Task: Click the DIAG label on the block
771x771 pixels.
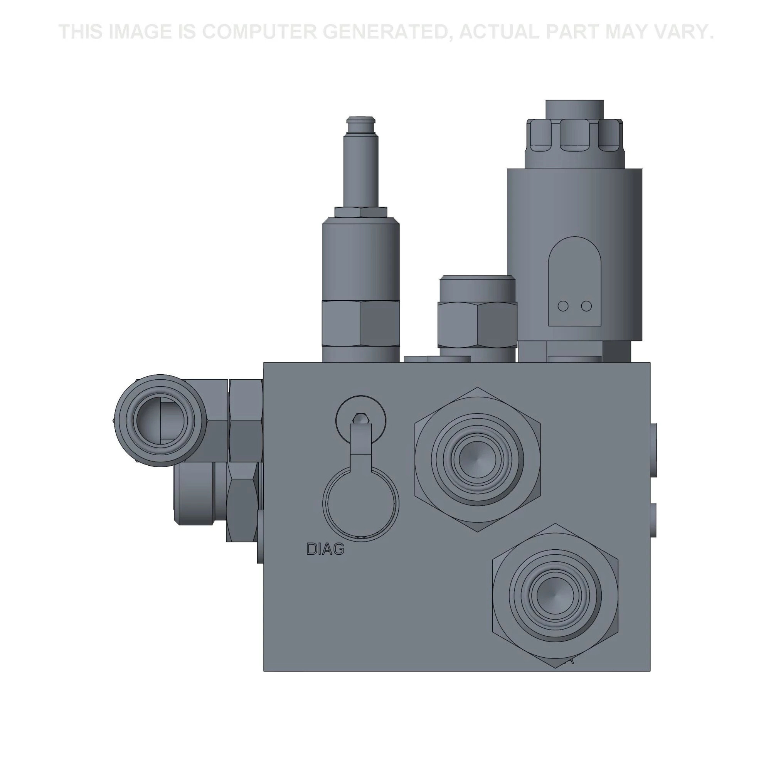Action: [325, 549]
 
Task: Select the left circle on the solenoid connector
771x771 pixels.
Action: [563, 306]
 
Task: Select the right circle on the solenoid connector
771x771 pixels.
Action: [586, 306]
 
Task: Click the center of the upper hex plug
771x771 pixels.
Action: [477, 460]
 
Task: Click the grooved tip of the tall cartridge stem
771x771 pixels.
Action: [361, 121]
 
